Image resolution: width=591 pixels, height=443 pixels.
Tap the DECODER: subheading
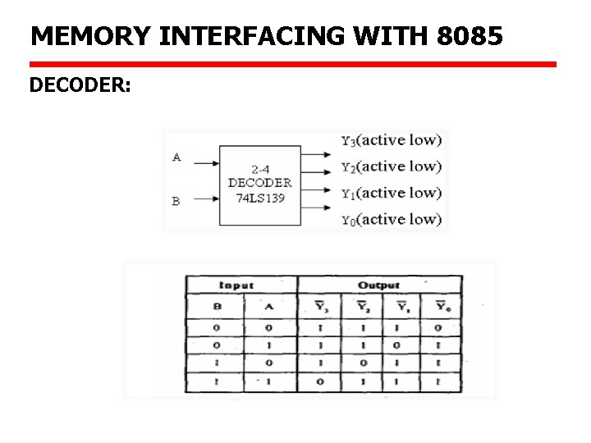click(x=80, y=84)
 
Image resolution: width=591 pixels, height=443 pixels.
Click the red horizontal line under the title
click(x=292, y=64)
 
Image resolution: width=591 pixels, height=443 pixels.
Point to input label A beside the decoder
click(x=176, y=157)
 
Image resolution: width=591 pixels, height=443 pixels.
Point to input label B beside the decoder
click(x=176, y=200)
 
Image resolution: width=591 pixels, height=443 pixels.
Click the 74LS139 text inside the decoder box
click(x=259, y=198)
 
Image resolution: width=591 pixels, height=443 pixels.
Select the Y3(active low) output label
click(x=391, y=140)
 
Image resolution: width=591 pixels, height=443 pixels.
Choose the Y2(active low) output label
click(x=391, y=167)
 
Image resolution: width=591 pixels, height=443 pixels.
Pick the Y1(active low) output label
click(x=391, y=193)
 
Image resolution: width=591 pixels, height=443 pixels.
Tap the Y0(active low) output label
click(x=391, y=219)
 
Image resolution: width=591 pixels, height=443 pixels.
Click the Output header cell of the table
click(x=378, y=285)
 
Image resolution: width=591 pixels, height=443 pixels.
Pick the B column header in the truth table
click(x=218, y=307)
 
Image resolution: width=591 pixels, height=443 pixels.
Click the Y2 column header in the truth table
click(x=361, y=307)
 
